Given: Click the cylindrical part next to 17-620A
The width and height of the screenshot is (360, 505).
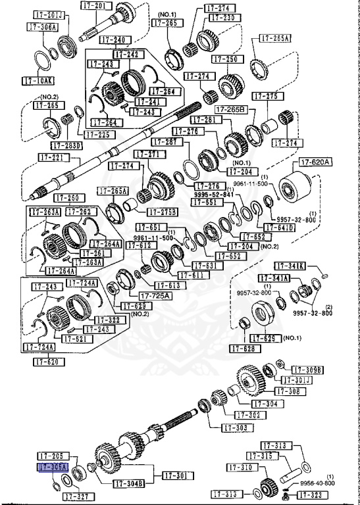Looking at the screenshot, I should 294,188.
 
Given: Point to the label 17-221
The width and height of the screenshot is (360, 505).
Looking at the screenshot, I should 52,158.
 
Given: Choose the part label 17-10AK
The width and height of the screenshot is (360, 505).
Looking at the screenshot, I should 37,81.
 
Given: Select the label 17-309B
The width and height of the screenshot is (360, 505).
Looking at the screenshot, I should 307,370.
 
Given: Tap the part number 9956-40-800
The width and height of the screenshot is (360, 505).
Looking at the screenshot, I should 319,483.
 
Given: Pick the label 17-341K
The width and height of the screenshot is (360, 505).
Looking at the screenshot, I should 290,266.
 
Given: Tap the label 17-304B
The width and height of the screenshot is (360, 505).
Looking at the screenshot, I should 128,484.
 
